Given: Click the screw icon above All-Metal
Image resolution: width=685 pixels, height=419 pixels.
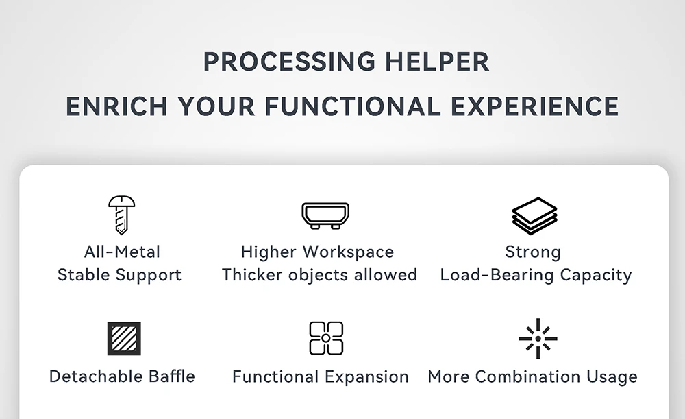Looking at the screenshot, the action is click(121, 215).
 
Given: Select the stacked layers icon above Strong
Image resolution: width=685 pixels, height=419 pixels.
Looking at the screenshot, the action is click(534, 215).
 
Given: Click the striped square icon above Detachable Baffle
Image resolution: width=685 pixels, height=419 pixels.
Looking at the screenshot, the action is click(124, 339).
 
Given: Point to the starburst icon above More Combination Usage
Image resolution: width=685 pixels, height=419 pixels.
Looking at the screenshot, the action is click(538, 339).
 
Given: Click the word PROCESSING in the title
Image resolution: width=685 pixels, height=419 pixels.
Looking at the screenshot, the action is click(289, 62).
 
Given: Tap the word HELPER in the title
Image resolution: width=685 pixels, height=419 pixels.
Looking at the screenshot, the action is click(437, 62).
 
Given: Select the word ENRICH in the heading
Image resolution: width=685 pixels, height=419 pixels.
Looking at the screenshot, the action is click(116, 107).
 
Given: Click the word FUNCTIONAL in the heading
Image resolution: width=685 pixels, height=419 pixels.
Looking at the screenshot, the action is click(353, 107).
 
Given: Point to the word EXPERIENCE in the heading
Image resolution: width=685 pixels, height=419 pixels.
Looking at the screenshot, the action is click(535, 107).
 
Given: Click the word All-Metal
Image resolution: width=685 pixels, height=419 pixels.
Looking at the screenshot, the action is click(123, 252).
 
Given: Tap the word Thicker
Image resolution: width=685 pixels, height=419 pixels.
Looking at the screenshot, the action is click(253, 275).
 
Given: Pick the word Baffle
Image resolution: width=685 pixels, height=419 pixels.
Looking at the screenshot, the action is click(172, 376).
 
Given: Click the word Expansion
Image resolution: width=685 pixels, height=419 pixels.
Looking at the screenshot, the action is click(366, 377).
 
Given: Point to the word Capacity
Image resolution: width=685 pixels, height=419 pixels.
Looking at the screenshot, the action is click(596, 276).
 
